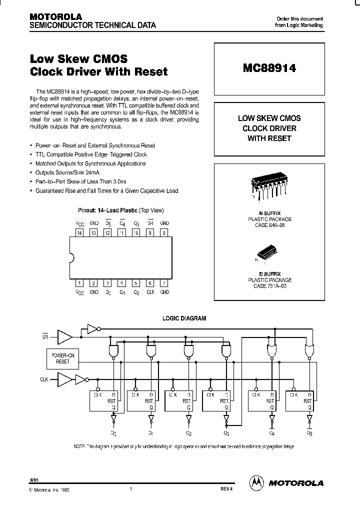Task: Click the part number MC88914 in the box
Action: click(269, 68)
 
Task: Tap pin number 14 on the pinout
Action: click(78, 232)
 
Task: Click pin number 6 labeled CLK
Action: click(150, 283)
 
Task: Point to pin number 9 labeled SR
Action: click(150, 232)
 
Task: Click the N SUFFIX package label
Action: click(269, 213)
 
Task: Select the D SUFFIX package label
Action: click(269, 274)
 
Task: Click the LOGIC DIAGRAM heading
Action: click(184, 318)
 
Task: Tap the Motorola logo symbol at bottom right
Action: click(256, 482)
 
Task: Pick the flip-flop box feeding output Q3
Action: click(216, 400)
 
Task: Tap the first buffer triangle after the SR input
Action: click(64, 336)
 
